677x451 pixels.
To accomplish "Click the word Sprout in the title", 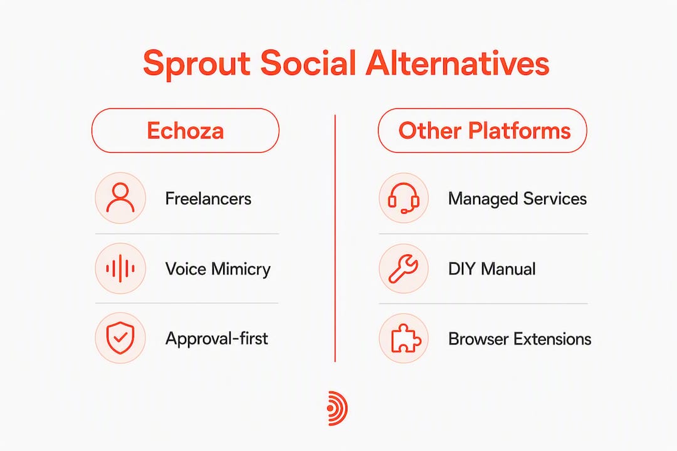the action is (196, 64).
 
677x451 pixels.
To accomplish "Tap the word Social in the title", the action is (308, 63).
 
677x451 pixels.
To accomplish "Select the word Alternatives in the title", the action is (457, 63).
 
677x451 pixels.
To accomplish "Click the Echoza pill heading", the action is (185, 130).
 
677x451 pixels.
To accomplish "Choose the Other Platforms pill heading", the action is (482, 130).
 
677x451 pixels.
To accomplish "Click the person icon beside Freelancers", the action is (120, 198).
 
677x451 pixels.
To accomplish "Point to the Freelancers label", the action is (208, 199).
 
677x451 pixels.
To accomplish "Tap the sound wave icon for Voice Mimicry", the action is (120, 269).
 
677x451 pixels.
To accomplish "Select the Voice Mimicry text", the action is (218, 269).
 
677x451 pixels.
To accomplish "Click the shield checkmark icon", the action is (120, 338).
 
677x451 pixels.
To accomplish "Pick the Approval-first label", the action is (217, 339).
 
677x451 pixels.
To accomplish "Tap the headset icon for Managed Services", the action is (404, 198).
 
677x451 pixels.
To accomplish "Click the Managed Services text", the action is (517, 199).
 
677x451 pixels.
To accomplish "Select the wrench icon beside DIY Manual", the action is (404, 269).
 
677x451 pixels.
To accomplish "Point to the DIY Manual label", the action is (492, 269).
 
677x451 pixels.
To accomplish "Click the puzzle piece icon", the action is (404, 338).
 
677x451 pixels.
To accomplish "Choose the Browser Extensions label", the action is (520, 340).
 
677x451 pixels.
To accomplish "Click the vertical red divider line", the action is (335, 238).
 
